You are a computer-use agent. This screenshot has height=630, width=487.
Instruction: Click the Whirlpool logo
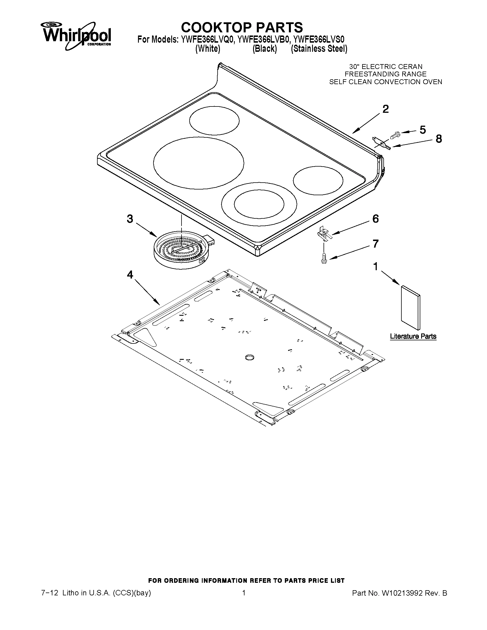(76, 35)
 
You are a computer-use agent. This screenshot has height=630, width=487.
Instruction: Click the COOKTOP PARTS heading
(242, 27)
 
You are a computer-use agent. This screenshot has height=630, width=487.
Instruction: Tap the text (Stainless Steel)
(319, 49)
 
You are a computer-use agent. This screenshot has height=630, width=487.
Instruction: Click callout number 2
(385, 109)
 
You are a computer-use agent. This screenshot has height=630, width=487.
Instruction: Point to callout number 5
(422, 130)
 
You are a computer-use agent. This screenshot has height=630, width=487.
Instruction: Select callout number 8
(439, 139)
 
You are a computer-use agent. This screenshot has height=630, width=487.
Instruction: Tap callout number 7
(375, 244)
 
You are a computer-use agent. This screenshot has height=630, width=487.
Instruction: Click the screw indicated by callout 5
(395, 135)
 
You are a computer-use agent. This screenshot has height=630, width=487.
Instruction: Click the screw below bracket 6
(324, 257)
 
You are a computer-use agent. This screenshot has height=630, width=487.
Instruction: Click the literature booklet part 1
(410, 307)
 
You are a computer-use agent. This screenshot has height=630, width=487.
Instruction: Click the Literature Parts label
(413, 336)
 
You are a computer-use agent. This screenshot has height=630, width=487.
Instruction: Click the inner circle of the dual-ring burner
(259, 204)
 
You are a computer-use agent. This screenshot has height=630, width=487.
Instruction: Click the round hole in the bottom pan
(249, 358)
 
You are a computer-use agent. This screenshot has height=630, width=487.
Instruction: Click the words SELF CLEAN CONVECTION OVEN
(385, 82)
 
